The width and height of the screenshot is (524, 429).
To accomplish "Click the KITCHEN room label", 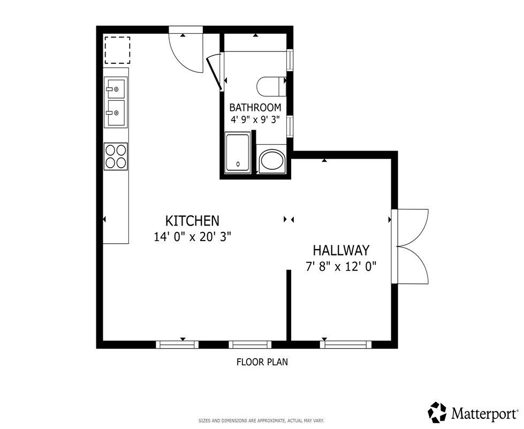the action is pos(193,221).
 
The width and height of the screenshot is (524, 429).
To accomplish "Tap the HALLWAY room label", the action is pos(341,250).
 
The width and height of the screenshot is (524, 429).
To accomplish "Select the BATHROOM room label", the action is pos(255,108).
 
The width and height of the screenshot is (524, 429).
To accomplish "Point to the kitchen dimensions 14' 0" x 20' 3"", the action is pos(193,237).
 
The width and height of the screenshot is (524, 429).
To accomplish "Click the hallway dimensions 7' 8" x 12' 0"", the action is pos(341,267).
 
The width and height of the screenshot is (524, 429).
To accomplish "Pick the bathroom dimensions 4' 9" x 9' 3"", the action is pos(255,119).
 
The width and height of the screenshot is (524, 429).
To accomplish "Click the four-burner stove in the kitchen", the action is pos(116,156).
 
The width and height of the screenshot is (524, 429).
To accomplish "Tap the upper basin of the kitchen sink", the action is pos(116,88).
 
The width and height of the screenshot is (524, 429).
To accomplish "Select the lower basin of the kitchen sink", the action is pos(116,112).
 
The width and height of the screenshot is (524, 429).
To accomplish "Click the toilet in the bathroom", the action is pos(271,86).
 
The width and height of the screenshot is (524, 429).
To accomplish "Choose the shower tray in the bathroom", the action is pos(238,153).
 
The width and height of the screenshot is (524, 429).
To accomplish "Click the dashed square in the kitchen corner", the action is pos(117,50).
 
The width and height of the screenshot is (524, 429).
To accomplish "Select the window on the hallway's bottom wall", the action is pos(346,344).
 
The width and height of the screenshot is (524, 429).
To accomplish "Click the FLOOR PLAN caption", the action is pos(262,362).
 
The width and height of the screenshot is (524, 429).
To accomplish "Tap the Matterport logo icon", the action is pos(437,412).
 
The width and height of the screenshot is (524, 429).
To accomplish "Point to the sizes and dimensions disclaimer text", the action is pos(261,420).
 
